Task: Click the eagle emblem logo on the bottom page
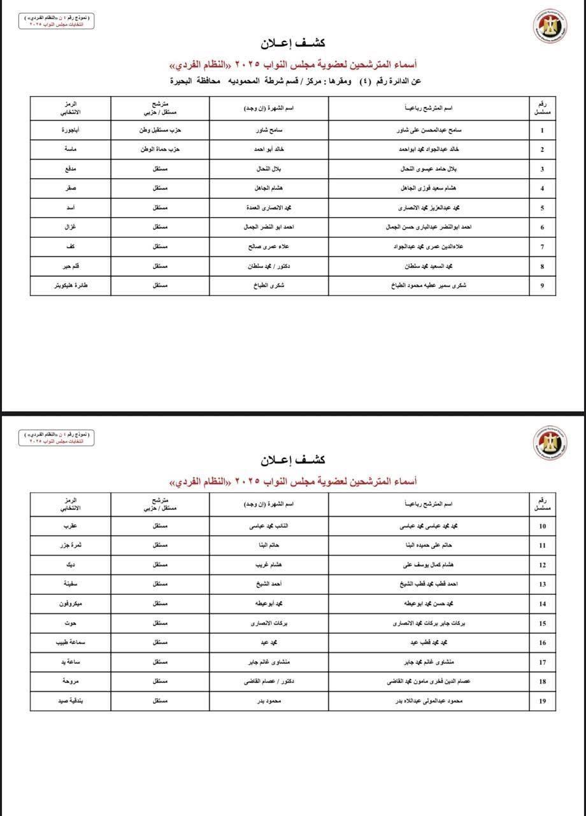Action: tap(550, 442)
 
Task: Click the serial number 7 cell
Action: tap(542, 247)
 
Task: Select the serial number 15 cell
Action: tap(542, 623)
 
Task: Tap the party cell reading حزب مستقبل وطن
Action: tap(161, 130)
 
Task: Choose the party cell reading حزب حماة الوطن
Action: tap(161, 150)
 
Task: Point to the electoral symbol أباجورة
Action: tap(71, 130)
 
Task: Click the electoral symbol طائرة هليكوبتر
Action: tap(71, 286)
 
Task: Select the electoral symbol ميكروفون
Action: tap(71, 604)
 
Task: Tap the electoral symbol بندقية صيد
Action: tap(71, 701)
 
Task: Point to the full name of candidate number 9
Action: tap(428, 286)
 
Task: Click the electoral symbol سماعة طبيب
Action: tap(71, 643)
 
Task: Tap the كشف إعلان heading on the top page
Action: tap(293, 43)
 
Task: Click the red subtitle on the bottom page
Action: tap(293, 480)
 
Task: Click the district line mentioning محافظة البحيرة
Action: tap(296, 81)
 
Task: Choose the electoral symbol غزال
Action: tap(71, 227)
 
